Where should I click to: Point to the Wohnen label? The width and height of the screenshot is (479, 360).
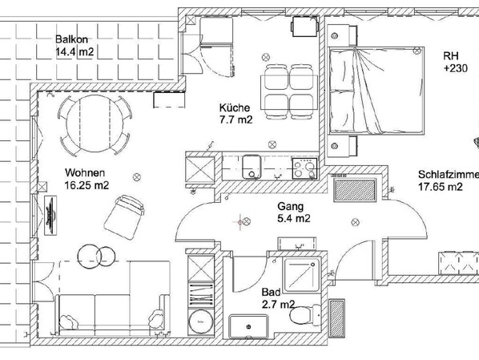(x=83, y=172)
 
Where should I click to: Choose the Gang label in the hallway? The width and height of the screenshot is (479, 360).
(x=286, y=204)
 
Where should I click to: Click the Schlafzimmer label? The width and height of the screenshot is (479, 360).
(x=448, y=175)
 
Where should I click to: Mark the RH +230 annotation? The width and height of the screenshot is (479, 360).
(x=455, y=63)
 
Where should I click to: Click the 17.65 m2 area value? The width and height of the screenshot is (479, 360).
(x=440, y=188)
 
